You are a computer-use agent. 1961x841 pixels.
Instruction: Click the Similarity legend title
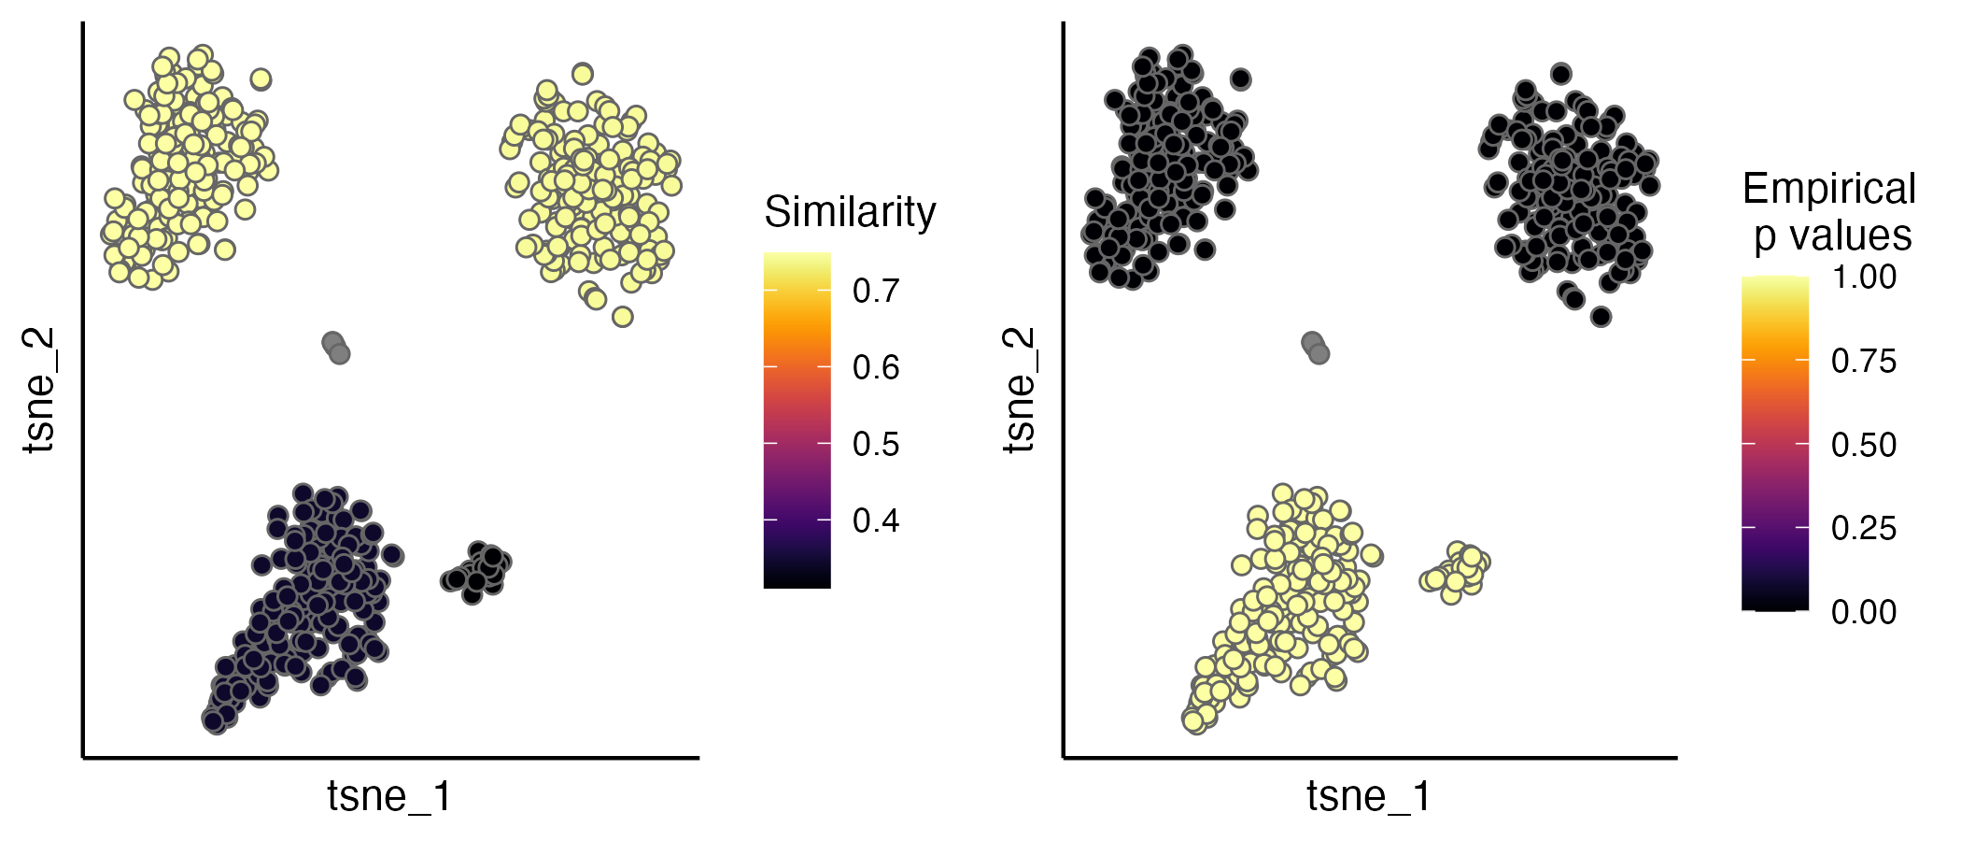coord(850,212)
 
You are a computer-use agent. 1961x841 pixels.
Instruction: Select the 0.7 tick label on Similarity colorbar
coord(876,291)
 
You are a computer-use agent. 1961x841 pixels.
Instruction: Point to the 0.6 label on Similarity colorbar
coord(876,367)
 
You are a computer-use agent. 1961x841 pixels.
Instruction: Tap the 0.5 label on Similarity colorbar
coord(876,444)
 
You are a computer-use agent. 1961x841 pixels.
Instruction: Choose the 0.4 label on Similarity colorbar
coord(876,520)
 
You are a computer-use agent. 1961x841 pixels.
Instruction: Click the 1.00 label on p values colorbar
coord(1864,277)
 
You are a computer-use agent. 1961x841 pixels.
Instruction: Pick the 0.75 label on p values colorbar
coord(1864,361)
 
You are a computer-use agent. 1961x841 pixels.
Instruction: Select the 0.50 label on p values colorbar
coord(1864,445)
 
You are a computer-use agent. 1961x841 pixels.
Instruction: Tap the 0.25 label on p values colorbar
coord(1864,529)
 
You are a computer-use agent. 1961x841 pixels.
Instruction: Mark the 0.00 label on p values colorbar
coord(1864,612)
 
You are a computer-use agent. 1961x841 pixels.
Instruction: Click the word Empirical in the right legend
coord(1828,190)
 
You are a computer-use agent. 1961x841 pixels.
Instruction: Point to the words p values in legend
coord(1832,235)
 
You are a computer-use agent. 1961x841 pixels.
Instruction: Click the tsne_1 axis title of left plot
coord(389,796)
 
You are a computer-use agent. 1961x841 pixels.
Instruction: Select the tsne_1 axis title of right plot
coord(1369,796)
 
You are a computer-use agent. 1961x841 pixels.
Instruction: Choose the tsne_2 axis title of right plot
coord(1020,391)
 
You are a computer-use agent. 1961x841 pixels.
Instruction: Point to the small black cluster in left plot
coord(478,570)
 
